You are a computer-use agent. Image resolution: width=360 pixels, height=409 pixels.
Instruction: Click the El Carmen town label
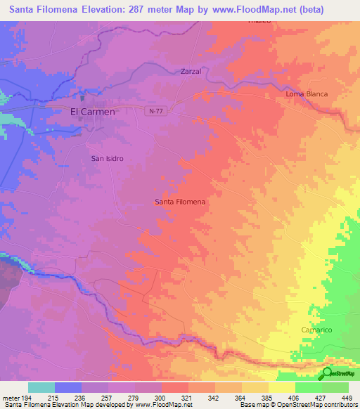coord(92,111)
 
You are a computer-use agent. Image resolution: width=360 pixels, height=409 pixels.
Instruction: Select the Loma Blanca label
coord(307,93)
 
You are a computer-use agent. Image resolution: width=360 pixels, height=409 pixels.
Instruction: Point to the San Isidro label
coord(108,158)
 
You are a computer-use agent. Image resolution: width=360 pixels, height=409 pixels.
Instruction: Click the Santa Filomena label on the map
coord(180,202)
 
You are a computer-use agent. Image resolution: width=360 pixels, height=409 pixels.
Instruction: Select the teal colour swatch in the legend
coord(41,387)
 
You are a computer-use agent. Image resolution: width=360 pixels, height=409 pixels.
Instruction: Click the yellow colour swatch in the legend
coord(281,387)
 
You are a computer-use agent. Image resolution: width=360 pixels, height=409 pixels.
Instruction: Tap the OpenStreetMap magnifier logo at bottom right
coord(327,374)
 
